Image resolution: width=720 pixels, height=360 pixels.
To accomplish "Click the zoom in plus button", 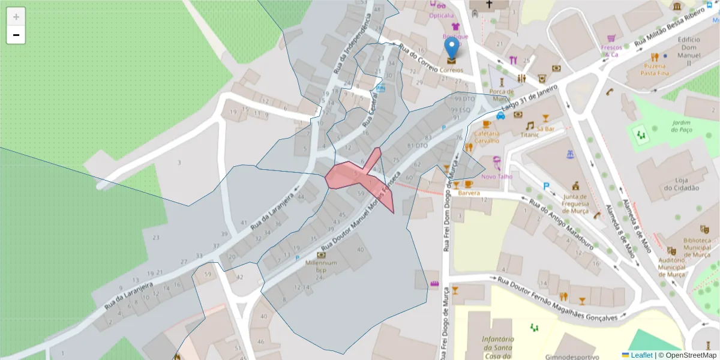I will click(x=16, y=17).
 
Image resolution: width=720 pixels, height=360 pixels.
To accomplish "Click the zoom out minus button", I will click(x=16, y=35).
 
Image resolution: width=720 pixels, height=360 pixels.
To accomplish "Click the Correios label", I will click(x=452, y=70).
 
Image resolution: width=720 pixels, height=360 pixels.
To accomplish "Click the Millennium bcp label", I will click(x=320, y=266).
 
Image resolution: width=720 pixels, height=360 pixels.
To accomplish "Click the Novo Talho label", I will click(x=497, y=176).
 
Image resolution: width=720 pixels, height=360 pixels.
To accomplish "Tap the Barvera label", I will click(x=470, y=194).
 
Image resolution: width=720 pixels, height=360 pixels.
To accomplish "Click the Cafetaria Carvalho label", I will click(x=487, y=137).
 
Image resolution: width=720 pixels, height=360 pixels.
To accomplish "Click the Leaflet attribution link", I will click(x=641, y=355).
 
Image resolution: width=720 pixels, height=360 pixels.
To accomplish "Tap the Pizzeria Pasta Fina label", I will click(x=655, y=68).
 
